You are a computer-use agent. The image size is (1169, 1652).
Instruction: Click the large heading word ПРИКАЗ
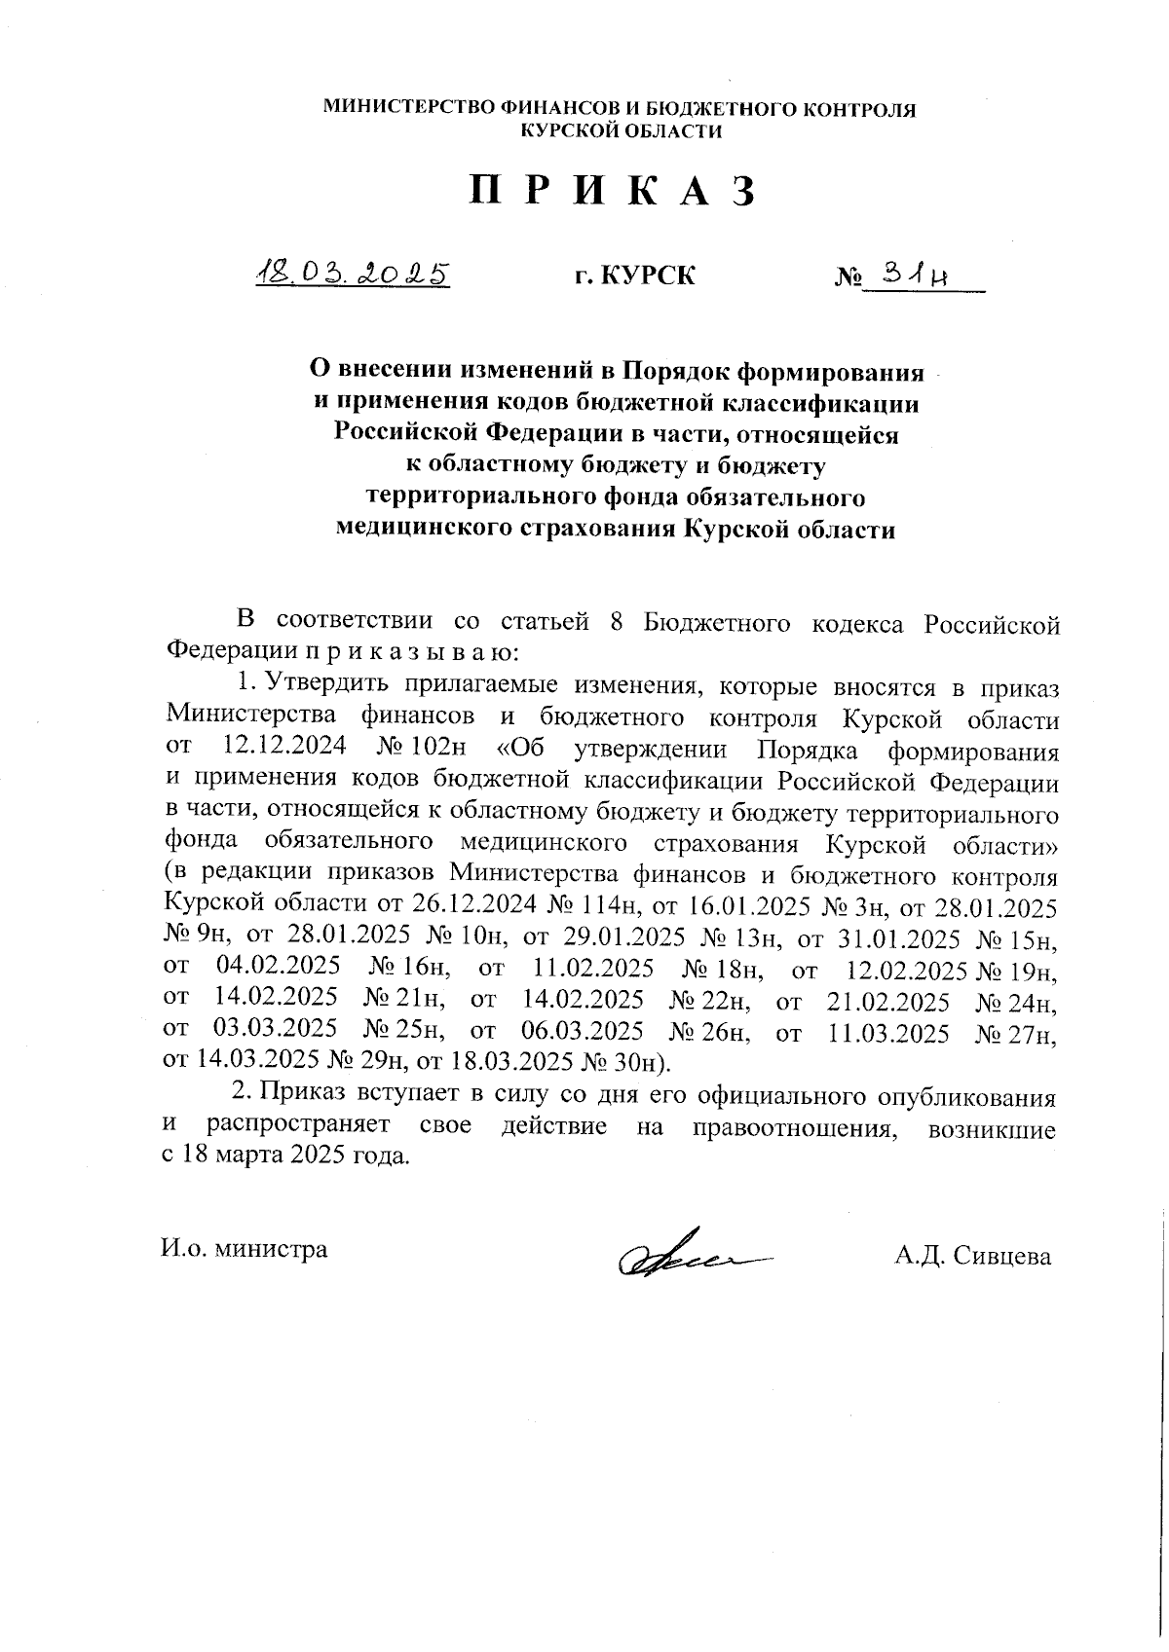(x=615, y=193)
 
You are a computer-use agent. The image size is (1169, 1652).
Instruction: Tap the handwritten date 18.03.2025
(x=351, y=274)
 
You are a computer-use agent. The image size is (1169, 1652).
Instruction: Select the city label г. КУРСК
(x=634, y=276)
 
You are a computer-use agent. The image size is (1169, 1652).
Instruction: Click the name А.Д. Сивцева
(x=972, y=1256)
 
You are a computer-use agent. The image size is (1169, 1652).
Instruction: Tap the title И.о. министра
(x=245, y=1249)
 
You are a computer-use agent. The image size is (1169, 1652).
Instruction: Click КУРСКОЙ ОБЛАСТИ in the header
(x=622, y=132)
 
